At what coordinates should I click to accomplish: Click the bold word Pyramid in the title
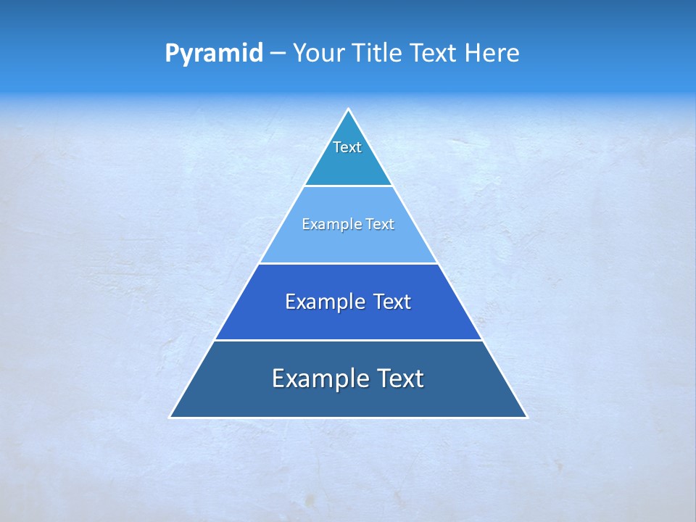pyautogui.click(x=214, y=54)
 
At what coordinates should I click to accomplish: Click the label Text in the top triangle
pyautogui.click(x=347, y=147)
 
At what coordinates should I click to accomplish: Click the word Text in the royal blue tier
pyautogui.click(x=392, y=302)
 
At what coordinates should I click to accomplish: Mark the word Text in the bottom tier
pyautogui.click(x=401, y=378)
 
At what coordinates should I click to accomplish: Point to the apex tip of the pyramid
pyautogui.click(x=348, y=109)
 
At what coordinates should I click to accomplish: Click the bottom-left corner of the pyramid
pyautogui.click(x=170, y=417)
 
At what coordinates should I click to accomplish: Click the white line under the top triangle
pyautogui.click(x=348, y=186)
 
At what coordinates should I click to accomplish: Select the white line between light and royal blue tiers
pyautogui.click(x=348, y=263)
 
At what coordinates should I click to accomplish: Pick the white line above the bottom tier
pyautogui.click(x=348, y=340)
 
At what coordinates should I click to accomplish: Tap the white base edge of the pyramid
pyautogui.click(x=348, y=418)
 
